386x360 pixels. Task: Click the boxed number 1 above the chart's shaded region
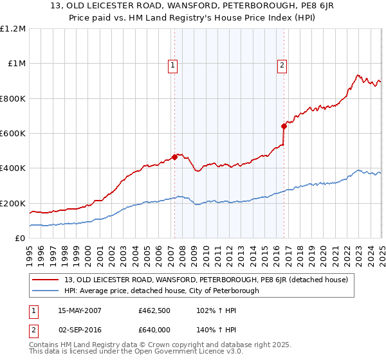point(174,64)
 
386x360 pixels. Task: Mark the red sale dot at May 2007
point(174,157)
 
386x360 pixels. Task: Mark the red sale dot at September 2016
point(284,126)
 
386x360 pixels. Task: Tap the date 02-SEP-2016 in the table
point(83,329)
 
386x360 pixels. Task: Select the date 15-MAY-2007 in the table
point(83,310)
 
